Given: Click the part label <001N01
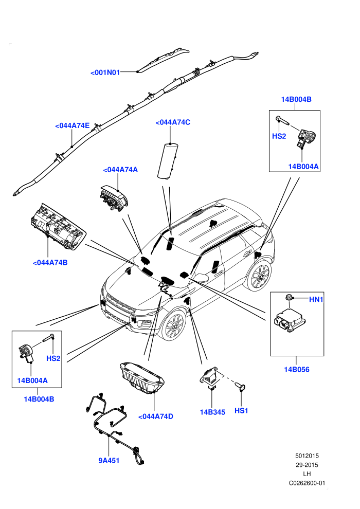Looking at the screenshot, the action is [x=105, y=72].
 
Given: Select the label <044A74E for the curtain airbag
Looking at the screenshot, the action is [x=72, y=125].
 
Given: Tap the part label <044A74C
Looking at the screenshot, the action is [x=173, y=122].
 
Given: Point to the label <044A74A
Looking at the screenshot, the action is [x=120, y=170].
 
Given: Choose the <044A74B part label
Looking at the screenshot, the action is [x=50, y=263].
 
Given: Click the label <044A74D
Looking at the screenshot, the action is [x=155, y=416].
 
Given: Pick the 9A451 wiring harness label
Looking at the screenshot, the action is [x=109, y=460].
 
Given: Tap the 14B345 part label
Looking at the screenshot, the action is [x=212, y=412].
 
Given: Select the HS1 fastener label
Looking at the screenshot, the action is [x=241, y=411].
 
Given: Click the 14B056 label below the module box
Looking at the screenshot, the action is [x=297, y=370].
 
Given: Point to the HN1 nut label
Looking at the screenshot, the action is [x=316, y=299].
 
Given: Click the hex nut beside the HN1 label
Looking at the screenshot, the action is [x=289, y=297].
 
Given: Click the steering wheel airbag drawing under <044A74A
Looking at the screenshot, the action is [x=113, y=198].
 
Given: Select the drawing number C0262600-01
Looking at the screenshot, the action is [x=307, y=483].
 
